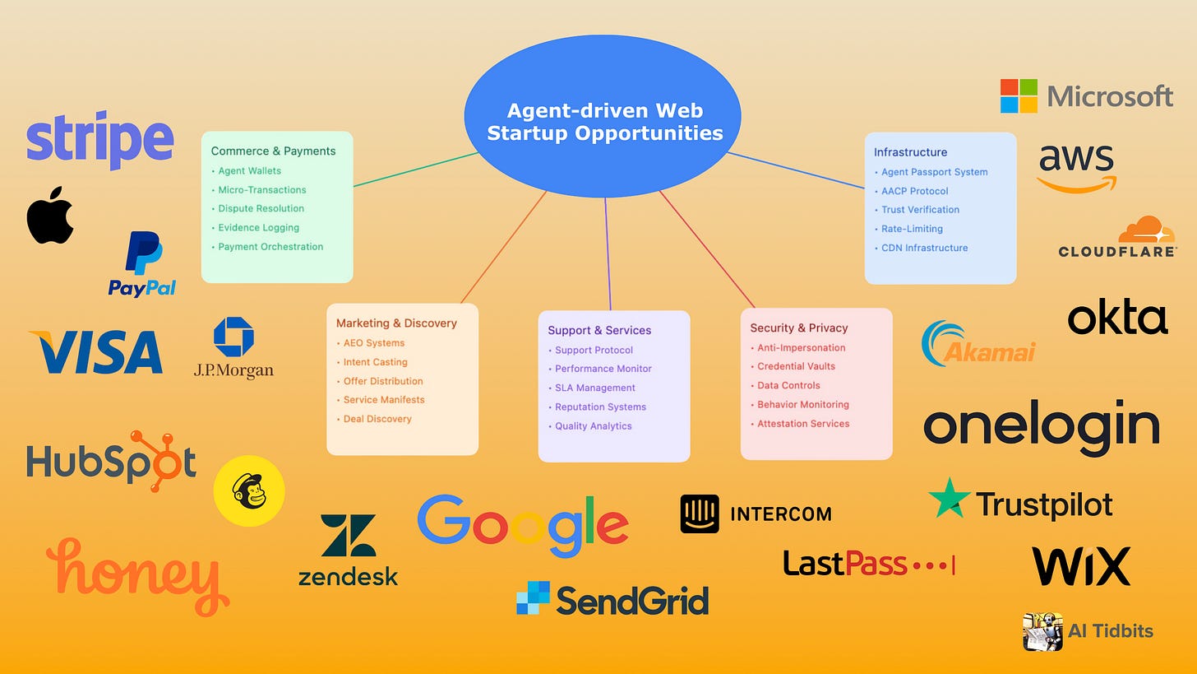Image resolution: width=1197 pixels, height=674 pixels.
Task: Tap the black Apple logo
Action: pos(50,216)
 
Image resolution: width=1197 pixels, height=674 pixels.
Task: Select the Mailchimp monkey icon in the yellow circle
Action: pos(249,491)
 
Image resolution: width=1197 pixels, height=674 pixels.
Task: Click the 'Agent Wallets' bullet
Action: pos(249,171)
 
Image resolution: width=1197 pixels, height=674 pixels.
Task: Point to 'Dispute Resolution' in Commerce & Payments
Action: pos(261,209)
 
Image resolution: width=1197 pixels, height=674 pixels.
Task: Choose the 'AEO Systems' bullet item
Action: pos(374,343)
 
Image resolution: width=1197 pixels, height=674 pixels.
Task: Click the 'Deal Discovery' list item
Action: pos(377,419)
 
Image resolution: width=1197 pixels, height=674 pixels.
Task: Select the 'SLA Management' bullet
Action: pos(594,388)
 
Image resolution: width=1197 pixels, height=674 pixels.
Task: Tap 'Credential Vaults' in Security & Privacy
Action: pos(796,366)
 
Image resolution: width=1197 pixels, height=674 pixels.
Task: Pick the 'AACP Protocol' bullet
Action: pos(914,191)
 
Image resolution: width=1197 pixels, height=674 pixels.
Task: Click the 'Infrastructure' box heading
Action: pos(910,152)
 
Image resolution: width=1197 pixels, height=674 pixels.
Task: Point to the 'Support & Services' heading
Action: pos(599,330)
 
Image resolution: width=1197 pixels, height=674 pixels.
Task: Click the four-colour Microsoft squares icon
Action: pos(1019,96)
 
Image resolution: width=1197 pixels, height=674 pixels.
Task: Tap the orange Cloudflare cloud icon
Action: pos(1146,230)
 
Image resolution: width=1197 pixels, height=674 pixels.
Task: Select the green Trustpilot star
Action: pos(949,498)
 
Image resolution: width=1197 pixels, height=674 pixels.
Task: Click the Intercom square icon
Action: pos(700,514)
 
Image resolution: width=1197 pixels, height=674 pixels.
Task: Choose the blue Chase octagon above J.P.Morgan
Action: pos(233,337)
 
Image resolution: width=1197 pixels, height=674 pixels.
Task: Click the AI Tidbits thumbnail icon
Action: pos(1042,631)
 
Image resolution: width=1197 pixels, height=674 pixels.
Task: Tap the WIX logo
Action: pos(1081,566)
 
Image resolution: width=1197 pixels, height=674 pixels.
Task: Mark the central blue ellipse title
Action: pos(604,122)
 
